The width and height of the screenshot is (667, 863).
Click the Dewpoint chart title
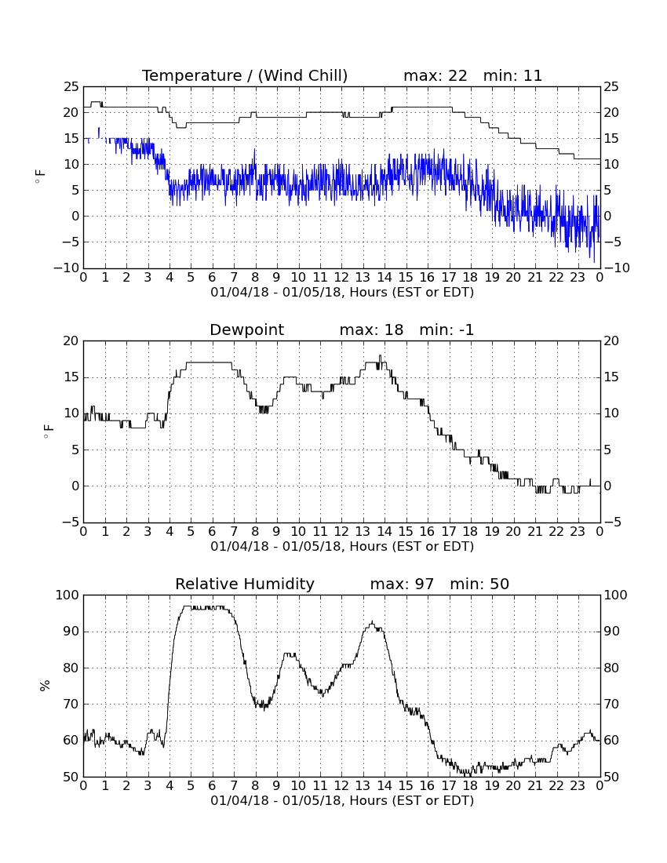(x=246, y=330)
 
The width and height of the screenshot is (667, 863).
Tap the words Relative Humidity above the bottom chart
(x=244, y=584)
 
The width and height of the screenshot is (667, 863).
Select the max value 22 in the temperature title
(x=457, y=75)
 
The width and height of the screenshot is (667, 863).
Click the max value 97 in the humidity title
(x=425, y=584)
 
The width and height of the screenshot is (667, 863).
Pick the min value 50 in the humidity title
(x=499, y=584)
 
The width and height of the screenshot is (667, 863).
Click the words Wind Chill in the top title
(x=303, y=76)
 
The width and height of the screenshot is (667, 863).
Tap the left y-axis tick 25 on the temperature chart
(x=71, y=87)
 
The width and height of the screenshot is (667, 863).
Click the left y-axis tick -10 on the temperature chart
(x=66, y=268)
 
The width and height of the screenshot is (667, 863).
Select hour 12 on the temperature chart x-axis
(x=341, y=278)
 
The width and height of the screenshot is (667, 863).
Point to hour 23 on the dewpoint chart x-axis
(x=578, y=532)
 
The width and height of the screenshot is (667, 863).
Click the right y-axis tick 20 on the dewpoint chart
(x=611, y=341)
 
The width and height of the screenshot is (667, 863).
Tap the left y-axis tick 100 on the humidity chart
(x=67, y=595)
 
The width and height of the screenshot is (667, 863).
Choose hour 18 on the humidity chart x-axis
(x=470, y=785)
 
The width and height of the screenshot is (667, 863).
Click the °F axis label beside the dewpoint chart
(x=48, y=431)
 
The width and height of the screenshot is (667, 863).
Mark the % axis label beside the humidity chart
(x=46, y=685)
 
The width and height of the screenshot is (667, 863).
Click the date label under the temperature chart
(x=342, y=293)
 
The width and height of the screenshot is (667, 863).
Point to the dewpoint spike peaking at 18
(x=380, y=357)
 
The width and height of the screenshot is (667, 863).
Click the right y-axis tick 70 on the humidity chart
(x=611, y=704)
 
